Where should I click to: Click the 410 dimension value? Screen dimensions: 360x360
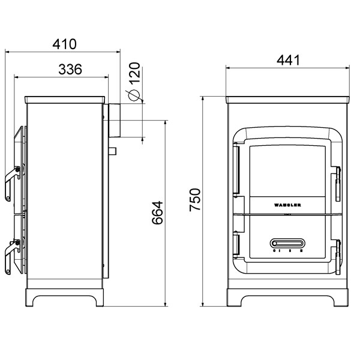(x=64, y=44)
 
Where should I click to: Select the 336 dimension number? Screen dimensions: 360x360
(x=71, y=69)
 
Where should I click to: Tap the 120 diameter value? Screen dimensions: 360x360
(x=134, y=73)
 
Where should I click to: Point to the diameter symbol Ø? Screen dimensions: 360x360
(x=134, y=94)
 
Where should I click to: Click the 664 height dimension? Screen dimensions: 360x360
(x=158, y=212)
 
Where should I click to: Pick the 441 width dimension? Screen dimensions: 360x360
(x=288, y=60)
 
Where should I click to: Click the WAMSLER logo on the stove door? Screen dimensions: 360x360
(x=288, y=205)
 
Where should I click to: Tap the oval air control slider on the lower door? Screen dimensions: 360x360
(x=288, y=243)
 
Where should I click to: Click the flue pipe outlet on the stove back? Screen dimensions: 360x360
(x=113, y=120)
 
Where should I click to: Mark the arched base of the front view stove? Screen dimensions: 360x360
(x=288, y=299)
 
